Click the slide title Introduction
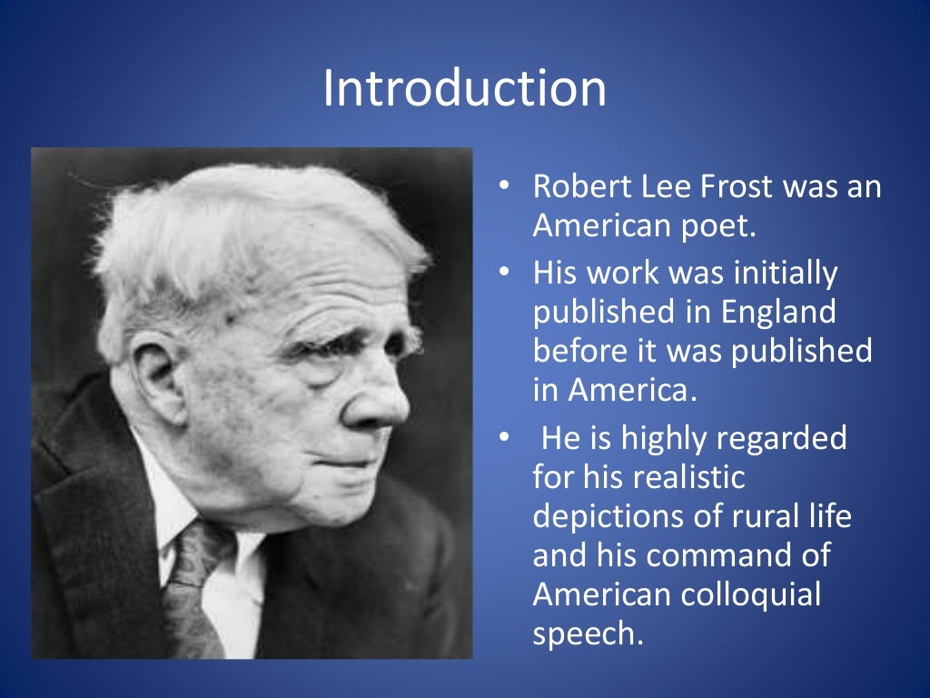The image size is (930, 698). click(x=464, y=89)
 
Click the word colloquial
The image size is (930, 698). click(x=751, y=595)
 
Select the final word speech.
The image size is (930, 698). click(x=587, y=634)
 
